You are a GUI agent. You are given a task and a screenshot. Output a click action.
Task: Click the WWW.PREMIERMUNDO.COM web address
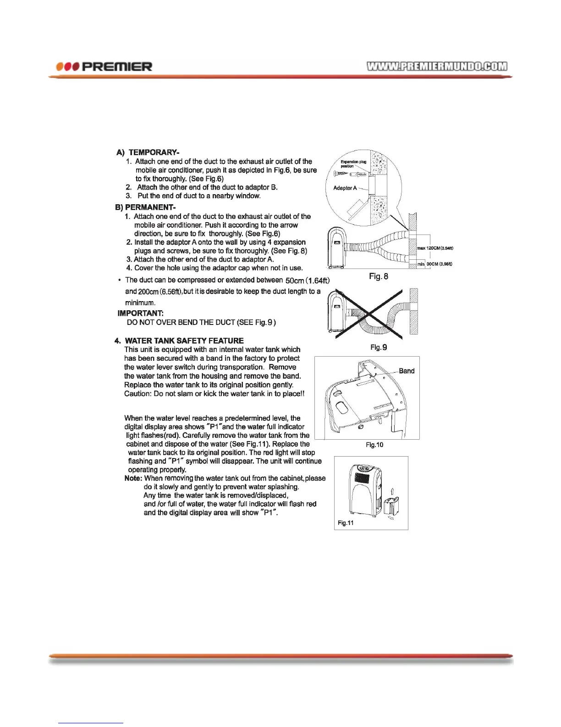pyautogui.click(x=437, y=66)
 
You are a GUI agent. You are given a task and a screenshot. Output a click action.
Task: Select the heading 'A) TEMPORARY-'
pyautogui.click(x=148, y=152)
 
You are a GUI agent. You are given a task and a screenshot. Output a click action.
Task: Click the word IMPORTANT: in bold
pyautogui.click(x=141, y=313)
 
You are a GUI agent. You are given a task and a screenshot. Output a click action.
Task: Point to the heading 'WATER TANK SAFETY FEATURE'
pyautogui.click(x=184, y=341)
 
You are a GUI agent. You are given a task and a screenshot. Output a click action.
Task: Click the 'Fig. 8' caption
pyautogui.click(x=379, y=276)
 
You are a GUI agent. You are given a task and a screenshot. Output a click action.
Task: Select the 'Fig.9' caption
pyautogui.click(x=379, y=347)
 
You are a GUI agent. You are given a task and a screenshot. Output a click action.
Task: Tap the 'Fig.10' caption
pyautogui.click(x=374, y=445)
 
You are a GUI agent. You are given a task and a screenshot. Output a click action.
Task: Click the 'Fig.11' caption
pyautogui.click(x=346, y=523)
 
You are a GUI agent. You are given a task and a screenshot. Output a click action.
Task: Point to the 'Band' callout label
pyautogui.click(x=407, y=371)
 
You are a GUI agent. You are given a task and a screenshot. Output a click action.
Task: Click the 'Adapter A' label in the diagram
pyautogui.click(x=345, y=188)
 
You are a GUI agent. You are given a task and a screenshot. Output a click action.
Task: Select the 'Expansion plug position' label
pyautogui.click(x=353, y=164)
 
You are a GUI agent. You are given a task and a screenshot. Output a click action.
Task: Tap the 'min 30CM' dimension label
pyautogui.click(x=435, y=264)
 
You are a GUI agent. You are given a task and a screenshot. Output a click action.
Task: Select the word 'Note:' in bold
pyautogui.click(x=133, y=478)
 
